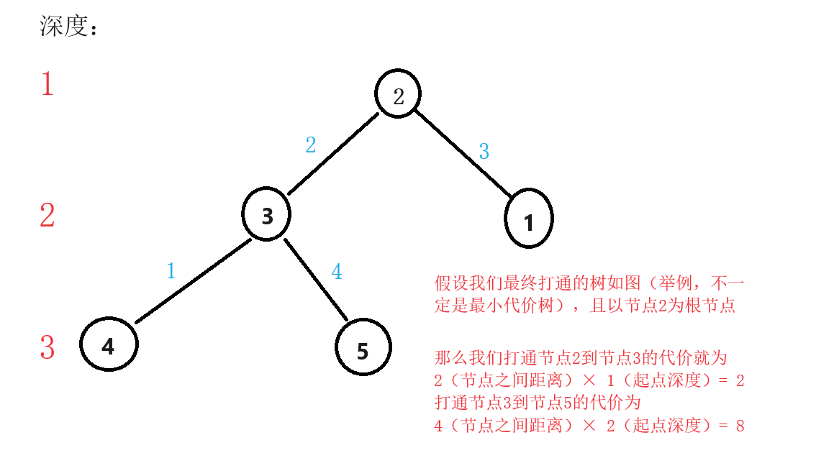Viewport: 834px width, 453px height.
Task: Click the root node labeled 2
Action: [x=398, y=93]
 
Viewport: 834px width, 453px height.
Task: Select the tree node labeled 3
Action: [x=266, y=214]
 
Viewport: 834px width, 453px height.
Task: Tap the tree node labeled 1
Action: [x=529, y=218]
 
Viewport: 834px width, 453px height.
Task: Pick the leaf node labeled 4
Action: [x=109, y=344]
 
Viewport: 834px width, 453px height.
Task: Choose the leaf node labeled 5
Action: [x=363, y=347]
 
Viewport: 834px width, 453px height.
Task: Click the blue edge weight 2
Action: [x=311, y=145]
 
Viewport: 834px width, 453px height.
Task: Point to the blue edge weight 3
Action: [x=484, y=151]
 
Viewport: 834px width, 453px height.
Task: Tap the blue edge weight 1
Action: [x=171, y=270]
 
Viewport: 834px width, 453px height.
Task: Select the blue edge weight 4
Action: [x=337, y=272]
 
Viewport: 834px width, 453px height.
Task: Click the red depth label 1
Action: [x=47, y=84]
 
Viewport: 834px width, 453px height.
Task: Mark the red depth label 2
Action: [x=47, y=215]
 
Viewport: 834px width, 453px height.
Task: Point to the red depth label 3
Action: [x=47, y=347]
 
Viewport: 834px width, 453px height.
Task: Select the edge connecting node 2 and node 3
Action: [x=333, y=154]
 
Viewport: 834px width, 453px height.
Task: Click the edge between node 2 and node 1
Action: [x=463, y=153]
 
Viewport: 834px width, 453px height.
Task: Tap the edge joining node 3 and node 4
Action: [x=193, y=280]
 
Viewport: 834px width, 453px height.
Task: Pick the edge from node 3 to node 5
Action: [x=316, y=280]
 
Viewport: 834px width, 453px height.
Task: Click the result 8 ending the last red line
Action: [x=740, y=426]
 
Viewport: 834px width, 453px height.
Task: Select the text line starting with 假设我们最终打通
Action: [x=589, y=283]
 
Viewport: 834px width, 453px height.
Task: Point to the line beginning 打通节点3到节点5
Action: [x=538, y=403]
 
